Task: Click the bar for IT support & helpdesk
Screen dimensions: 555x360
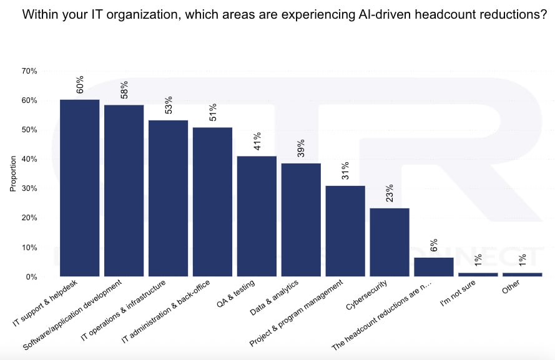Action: point(80,188)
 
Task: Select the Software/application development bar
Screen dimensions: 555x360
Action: point(124,191)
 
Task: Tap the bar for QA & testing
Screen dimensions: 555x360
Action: point(257,216)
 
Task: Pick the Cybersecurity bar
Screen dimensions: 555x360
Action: point(390,242)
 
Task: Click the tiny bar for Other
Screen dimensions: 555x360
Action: point(522,275)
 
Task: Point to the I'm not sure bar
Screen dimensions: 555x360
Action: point(478,275)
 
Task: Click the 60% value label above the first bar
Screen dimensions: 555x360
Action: point(80,84)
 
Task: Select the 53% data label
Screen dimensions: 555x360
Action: point(169,105)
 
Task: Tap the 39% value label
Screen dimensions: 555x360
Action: point(301,148)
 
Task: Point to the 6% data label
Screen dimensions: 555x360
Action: point(434,245)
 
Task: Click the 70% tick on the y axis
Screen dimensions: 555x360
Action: point(29,71)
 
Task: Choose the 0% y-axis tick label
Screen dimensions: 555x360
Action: point(31,277)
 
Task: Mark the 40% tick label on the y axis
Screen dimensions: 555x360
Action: point(29,159)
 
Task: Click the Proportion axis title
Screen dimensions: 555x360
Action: point(13,173)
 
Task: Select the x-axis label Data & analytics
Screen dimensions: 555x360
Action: point(274,298)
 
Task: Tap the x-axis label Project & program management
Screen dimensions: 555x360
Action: point(297,313)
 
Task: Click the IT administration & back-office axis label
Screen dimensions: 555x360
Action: point(165,311)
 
